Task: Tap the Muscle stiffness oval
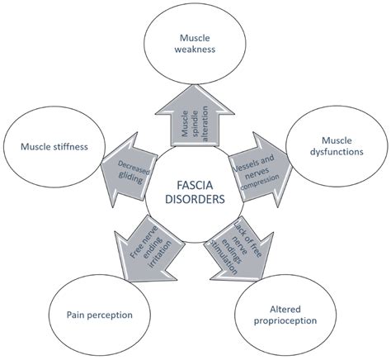[x=56, y=148]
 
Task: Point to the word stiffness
[x=76, y=148]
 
